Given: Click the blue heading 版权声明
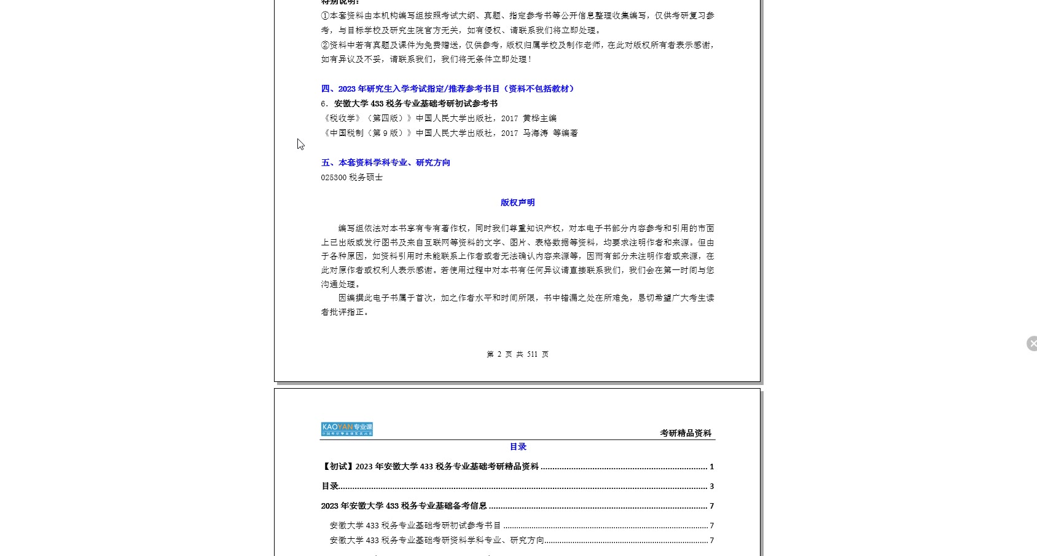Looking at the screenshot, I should [517, 202].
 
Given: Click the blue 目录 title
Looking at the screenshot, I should [518, 447].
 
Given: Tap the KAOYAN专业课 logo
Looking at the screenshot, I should [346, 429].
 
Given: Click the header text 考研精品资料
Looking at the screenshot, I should [686, 433].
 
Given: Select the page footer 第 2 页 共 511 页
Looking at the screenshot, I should [517, 354].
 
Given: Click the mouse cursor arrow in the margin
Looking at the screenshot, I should [300, 144].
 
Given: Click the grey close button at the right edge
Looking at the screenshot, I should [1032, 343].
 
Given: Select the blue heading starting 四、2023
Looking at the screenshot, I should [448, 89].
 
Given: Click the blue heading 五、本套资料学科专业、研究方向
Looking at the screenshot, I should [385, 162].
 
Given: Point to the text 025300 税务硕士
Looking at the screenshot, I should [351, 177].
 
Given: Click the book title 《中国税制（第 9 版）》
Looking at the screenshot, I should [366, 133].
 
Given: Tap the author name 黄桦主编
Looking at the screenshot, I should [539, 118].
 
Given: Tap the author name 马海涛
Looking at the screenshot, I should [535, 133].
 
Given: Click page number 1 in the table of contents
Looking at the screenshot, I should [711, 467].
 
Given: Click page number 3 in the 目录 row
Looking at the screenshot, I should [711, 486].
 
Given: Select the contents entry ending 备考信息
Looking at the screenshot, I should [404, 506].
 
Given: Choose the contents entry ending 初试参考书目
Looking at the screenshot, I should [415, 526].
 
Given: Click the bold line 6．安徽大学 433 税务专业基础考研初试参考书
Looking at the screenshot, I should [409, 103].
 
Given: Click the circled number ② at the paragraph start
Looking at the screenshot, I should [325, 45].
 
